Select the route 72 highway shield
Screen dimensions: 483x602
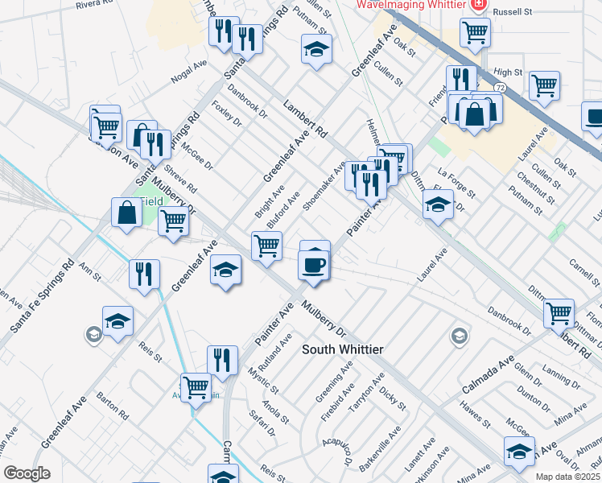pyautogui.click(x=500, y=86)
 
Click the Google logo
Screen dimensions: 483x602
pyautogui.click(x=27, y=473)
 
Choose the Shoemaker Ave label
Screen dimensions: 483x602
pyautogui.click(x=324, y=185)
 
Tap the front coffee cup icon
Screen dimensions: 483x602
pyautogui.click(x=313, y=264)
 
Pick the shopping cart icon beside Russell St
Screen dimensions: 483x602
pyautogui.click(x=475, y=33)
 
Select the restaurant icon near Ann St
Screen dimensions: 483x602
pyautogui.click(x=144, y=274)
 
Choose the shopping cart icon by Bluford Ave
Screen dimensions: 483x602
pyautogui.click(x=266, y=246)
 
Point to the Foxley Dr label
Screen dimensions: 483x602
pyautogui.click(x=226, y=113)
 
